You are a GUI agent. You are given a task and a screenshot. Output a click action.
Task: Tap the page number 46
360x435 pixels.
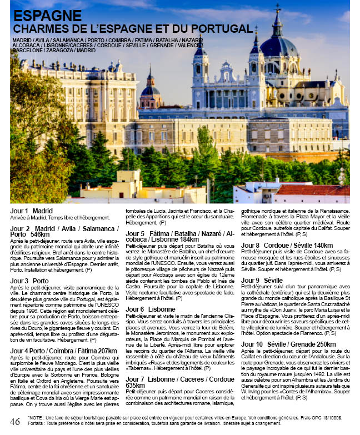point(15,422)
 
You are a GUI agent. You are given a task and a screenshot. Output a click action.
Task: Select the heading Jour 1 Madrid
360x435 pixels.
point(31,211)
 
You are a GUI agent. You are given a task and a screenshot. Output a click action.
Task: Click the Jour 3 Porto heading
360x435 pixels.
point(29,282)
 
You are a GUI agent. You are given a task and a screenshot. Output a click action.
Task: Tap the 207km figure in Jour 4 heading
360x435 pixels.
point(104,351)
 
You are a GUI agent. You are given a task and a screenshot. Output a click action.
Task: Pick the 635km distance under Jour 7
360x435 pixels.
point(135,385)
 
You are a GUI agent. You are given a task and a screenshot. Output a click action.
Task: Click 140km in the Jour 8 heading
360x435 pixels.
point(323,245)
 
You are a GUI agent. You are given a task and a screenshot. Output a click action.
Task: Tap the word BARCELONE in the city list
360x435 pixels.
point(27,50)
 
